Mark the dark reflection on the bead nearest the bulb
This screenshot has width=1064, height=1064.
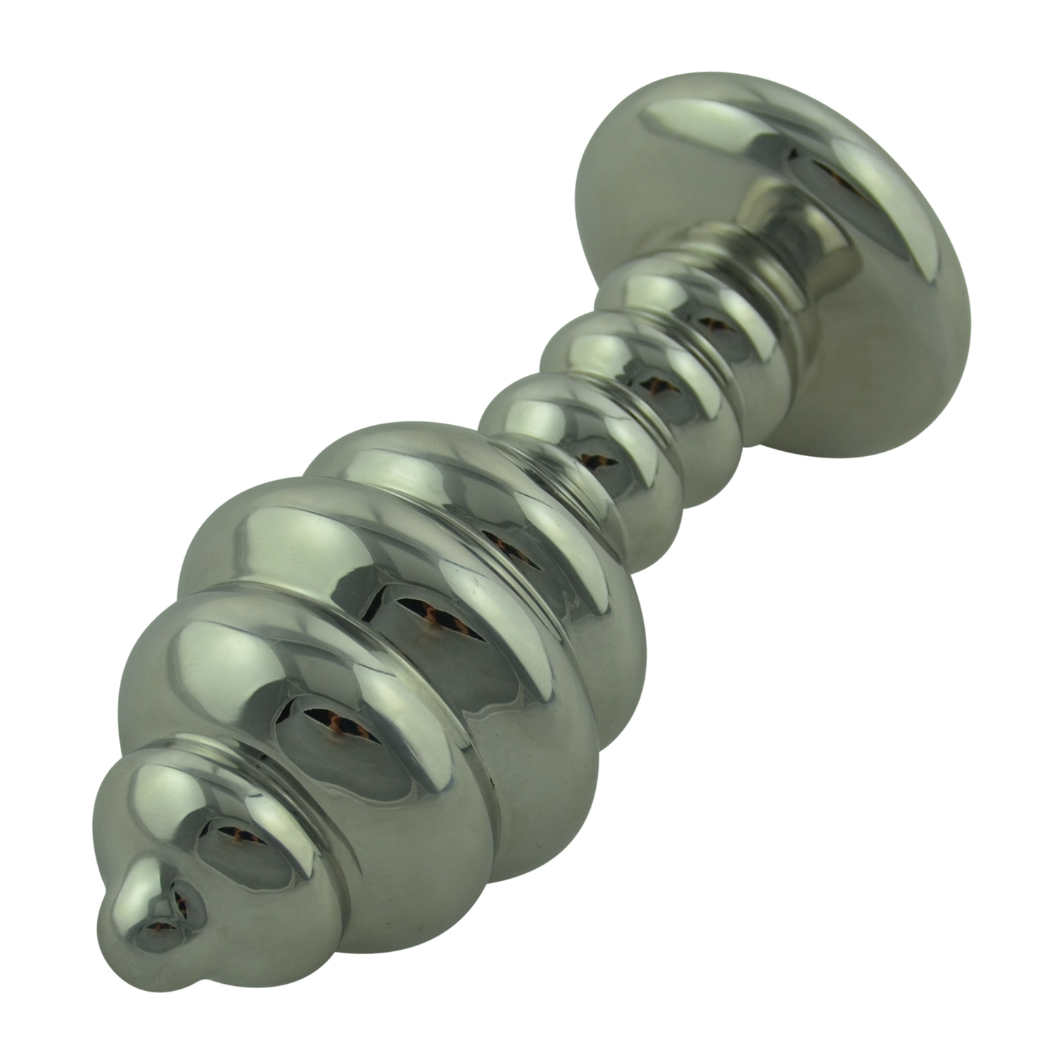[x=596, y=458]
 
